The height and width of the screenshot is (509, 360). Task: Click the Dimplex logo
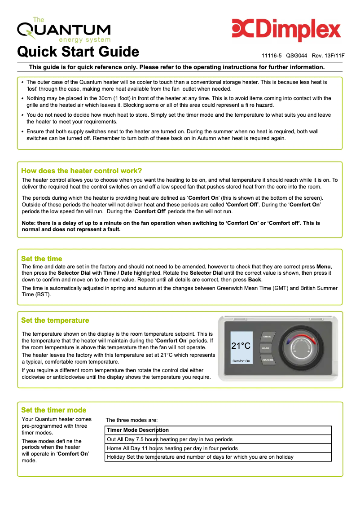[286, 30]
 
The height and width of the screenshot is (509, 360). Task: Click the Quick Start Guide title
[78, 52]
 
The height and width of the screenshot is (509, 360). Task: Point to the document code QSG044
[296, 56]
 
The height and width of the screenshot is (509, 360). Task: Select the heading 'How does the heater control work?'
[82, 171]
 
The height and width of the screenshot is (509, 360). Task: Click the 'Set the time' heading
[42, 259]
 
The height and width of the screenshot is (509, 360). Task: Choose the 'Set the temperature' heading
[55, 320]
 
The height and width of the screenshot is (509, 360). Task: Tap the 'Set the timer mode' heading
[53, 410]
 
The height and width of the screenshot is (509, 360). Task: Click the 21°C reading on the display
[241, 346]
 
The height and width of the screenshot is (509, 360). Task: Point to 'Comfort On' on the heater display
[241, 361]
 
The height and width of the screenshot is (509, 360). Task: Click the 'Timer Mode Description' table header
[138, 430]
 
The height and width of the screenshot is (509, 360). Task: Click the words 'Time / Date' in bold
[118, 273]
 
